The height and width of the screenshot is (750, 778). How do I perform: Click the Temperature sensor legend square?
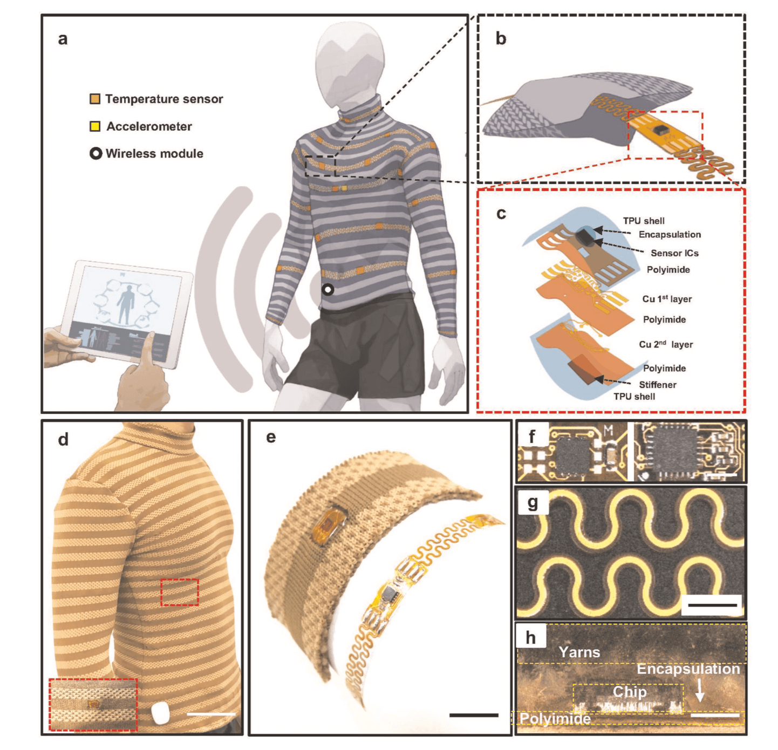point(95,99)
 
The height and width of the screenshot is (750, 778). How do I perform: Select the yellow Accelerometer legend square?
point(95,126)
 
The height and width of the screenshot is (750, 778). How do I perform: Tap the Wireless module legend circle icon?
point(95,154)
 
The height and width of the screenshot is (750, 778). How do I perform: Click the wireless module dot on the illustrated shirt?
point(327,290)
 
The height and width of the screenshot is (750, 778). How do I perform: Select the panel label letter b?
point(501,39)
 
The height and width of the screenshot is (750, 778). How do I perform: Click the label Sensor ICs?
point(674,253)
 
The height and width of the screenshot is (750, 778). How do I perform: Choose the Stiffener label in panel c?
point(657,385)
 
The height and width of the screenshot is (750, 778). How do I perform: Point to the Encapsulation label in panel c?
point(670,235)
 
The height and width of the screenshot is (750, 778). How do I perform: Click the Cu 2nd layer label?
point(666,344)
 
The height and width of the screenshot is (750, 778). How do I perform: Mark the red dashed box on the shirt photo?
point(180,592)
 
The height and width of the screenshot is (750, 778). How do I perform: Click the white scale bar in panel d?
point(211,714)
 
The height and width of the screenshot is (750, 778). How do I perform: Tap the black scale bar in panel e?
point(474,715)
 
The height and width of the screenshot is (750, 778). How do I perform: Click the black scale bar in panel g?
point(712,605)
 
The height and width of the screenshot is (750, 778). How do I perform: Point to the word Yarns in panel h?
point(579,652)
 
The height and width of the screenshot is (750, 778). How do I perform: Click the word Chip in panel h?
point(629,692)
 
